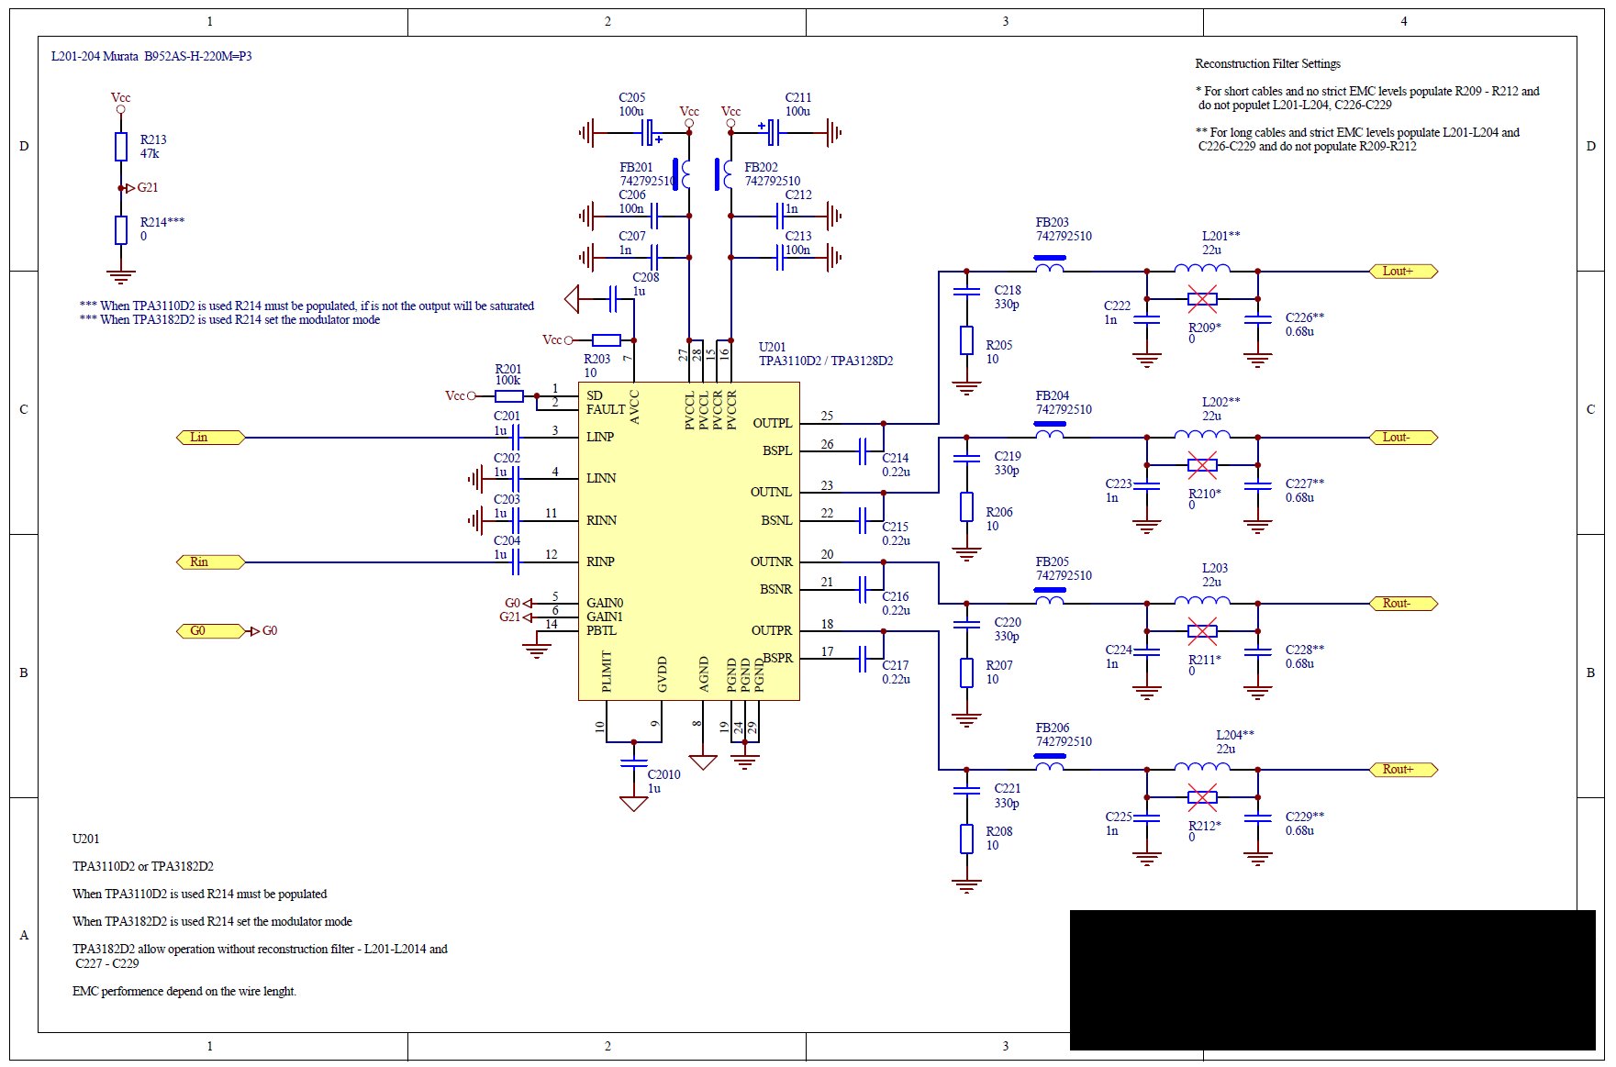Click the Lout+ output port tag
coord(1403,272)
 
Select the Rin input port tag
coord(210,562)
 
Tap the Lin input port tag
coord(210,438)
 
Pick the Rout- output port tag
coord(1403,604)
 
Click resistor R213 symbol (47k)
coord(121,147)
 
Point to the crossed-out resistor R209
coord(1202,299)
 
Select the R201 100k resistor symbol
coord(509,396)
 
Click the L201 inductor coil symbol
coord(1202,268)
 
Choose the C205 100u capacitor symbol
coord(649,133)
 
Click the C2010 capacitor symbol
coord(633,761)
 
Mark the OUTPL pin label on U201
coord(772,424)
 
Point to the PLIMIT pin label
coord(607,672)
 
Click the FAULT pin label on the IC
coord(606,410)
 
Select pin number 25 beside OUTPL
coord(827,417)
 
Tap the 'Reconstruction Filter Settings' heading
coord(1267,64)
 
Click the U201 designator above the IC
coord(772,348)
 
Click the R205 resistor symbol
coord(966,340)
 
